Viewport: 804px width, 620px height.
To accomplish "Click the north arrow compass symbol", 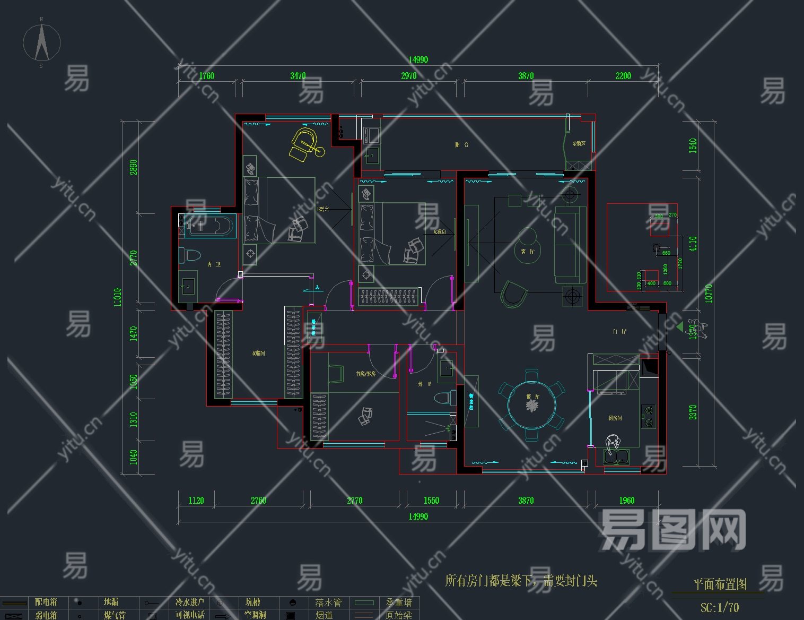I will click(x=41, y=42).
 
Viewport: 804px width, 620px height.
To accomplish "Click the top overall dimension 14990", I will click(x=418, y=60).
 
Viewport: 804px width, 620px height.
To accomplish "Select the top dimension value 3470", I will click(x=298, y=76).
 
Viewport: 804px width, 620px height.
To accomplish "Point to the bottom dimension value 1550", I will click(x=431, y=501).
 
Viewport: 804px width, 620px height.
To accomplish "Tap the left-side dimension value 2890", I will click(x=134, y=167).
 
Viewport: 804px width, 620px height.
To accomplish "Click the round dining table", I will click(x=531, y=404).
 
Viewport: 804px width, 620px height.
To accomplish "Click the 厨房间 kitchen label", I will click(x=615, y=418).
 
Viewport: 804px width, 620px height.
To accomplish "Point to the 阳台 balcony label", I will click(x=461, y=144).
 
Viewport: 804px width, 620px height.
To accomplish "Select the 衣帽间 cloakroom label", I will click(x=258, y=353).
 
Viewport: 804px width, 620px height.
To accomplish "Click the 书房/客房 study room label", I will click(x=365, y=374).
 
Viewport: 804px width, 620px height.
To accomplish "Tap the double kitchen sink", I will click(x=616, y=457).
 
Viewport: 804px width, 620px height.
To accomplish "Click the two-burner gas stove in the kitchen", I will click(x=648, y=417).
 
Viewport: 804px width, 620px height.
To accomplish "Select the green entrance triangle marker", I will click(x=680, y=327).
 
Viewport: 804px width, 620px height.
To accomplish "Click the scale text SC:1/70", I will click(x=719, y=608).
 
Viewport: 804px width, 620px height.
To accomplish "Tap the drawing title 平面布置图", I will click(x=720, y=584).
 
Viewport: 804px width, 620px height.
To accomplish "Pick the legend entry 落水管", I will click(x=328, y=602).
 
